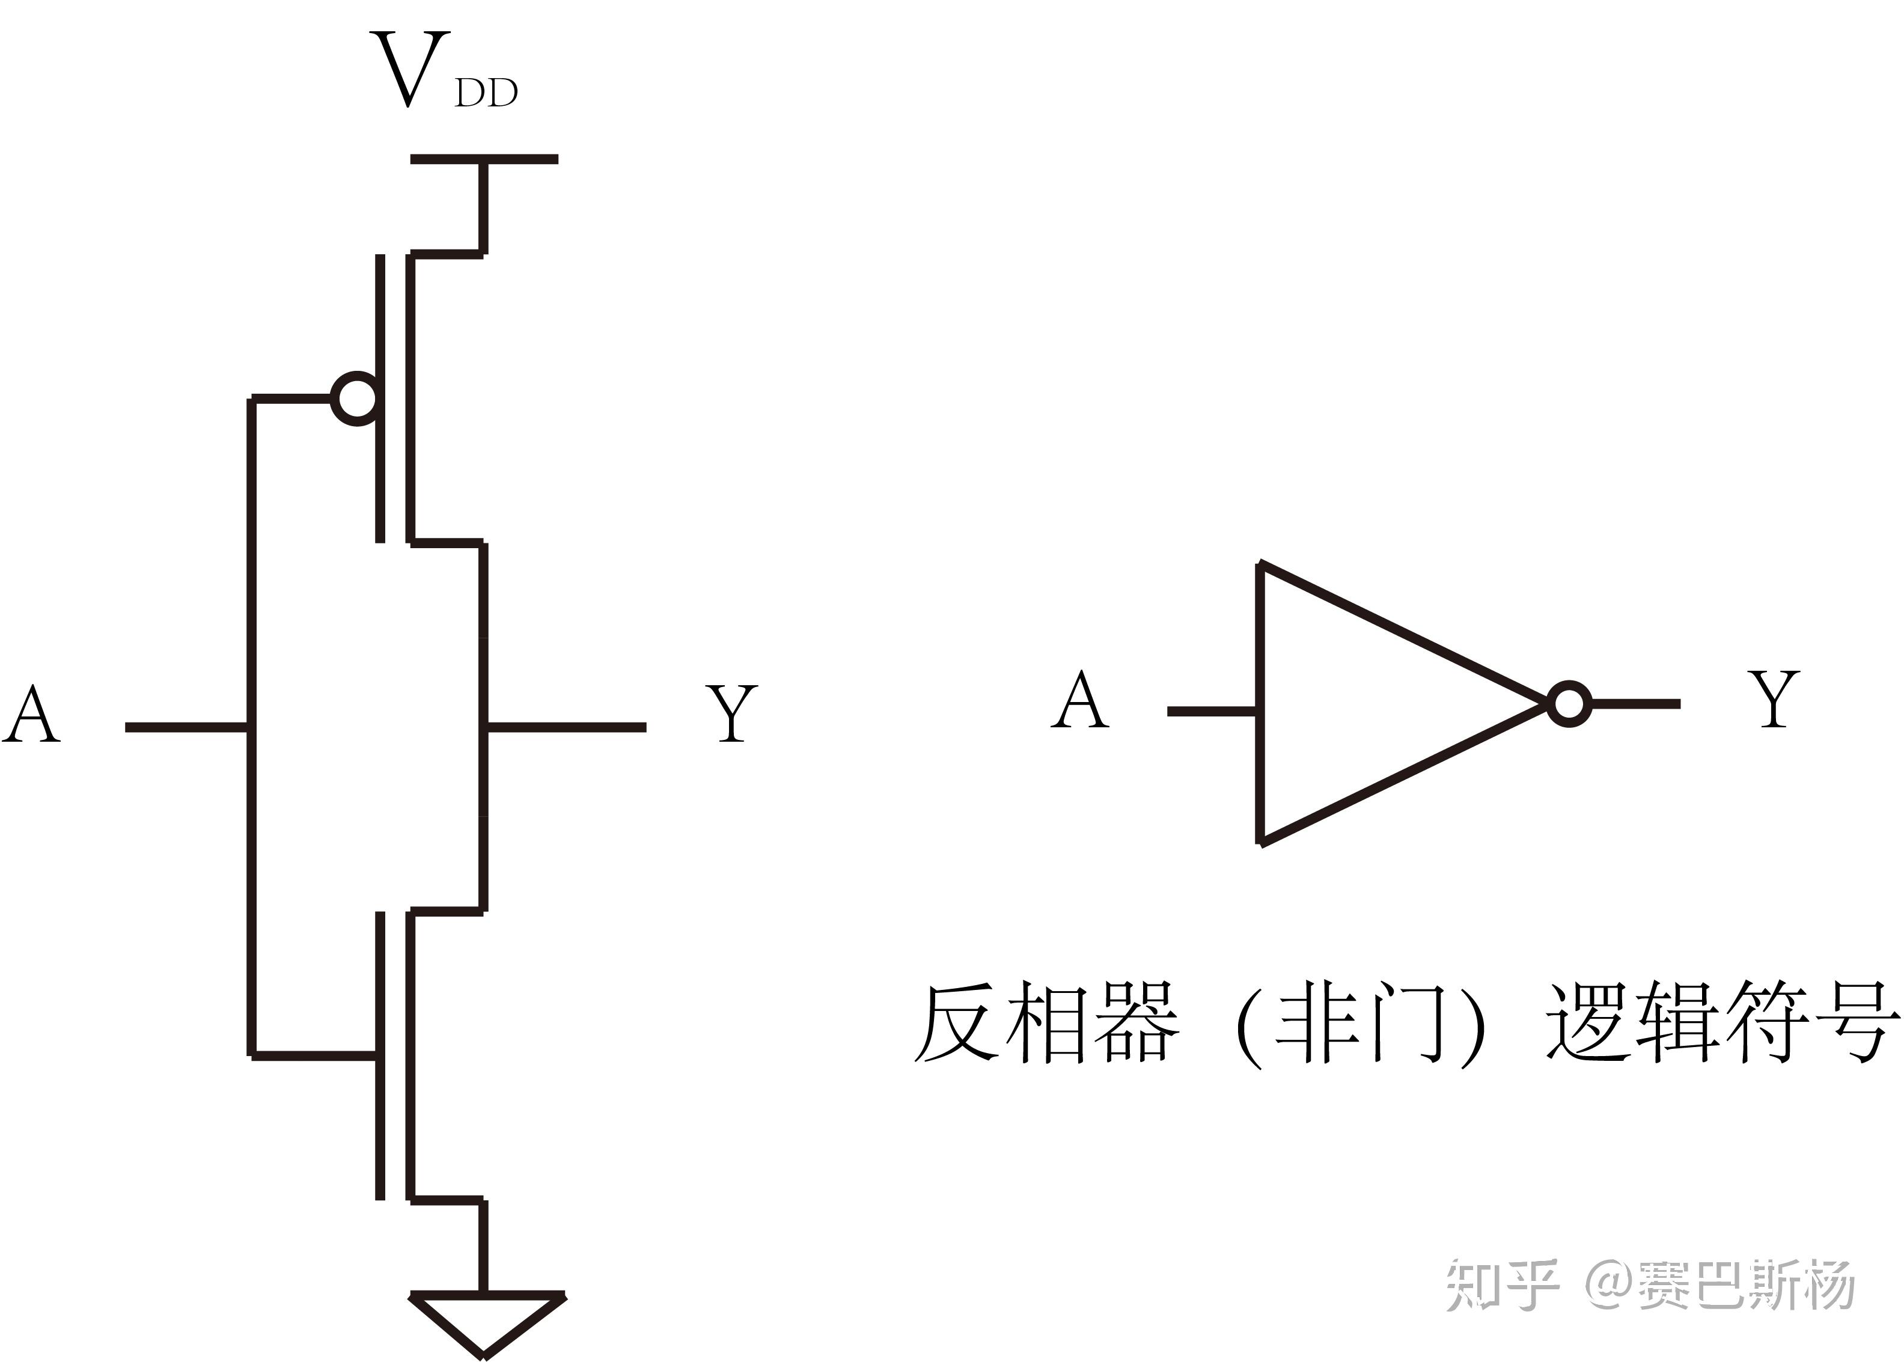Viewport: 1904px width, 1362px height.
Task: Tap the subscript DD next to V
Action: tap(486, 93)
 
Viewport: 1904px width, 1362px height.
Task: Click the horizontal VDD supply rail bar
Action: tap(484, 159)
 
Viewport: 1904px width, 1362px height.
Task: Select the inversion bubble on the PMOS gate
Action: tap(355, 399)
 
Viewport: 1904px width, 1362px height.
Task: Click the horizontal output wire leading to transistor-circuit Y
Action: tap(566, 727)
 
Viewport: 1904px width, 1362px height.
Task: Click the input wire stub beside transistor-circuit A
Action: tap(186, 727)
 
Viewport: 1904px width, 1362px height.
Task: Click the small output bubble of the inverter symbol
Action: tap(1569, 703)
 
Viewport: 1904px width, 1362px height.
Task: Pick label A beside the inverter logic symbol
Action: tap(1080, 700)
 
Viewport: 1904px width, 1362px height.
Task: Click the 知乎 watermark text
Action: tap(1501, 1285)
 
